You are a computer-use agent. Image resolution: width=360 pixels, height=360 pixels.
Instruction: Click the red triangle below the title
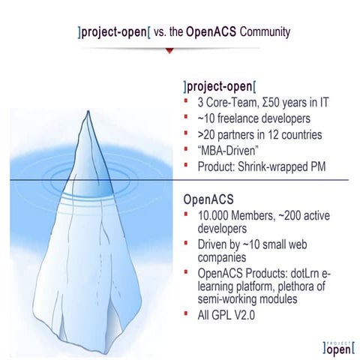(x=172, y=50)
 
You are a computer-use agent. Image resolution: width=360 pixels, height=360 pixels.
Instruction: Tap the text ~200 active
(x=299, y=217)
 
